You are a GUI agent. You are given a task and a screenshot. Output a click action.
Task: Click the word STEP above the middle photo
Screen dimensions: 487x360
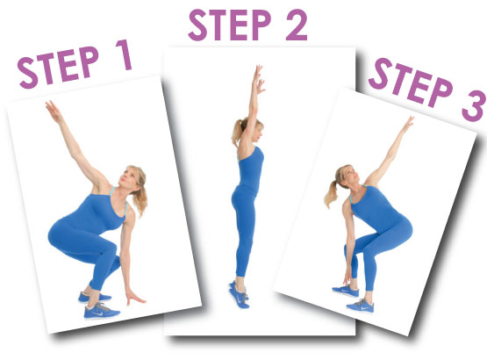click(230, 25)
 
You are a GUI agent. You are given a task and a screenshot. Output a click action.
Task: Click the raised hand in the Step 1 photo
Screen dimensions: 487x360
click(54, 112)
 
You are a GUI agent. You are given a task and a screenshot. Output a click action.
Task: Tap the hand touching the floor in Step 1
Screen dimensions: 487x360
click(134, 298)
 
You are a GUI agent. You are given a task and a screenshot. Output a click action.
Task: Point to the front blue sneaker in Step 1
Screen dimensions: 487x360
click(101, 311)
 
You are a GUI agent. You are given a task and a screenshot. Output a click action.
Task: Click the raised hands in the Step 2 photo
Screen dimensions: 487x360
click(259, 79)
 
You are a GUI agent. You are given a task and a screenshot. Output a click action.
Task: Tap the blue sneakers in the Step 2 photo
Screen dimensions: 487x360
click(239, 294)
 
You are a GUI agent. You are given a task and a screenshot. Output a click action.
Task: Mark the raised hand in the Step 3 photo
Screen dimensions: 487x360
click(408, 124)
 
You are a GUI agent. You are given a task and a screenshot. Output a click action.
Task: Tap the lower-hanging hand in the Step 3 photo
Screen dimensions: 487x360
click(347, 277)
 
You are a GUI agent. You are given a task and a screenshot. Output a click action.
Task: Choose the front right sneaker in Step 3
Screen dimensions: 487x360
click(361, 306)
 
